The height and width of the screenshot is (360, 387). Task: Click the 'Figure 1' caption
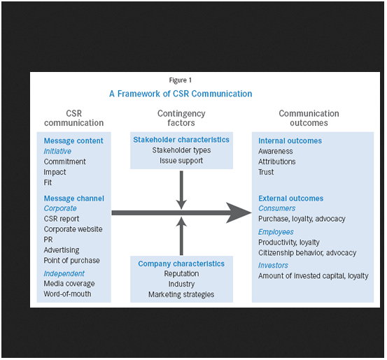(x=180, y=80)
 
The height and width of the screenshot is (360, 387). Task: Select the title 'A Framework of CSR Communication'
(x=181, y=94)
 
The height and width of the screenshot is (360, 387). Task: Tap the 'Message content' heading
(x=73, y=141)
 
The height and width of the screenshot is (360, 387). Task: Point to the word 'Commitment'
(x=64, y=161)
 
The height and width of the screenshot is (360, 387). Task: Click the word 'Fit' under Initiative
(x=48, y=182)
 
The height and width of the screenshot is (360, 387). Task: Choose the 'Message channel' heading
(x=74, y=199)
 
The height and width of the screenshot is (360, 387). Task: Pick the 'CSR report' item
(x=62, y=219)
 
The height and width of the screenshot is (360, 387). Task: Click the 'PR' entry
(x=48, y=240)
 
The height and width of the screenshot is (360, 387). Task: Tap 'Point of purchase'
(x=72, y=260)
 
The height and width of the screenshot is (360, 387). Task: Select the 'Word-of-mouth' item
(x=67, y=294)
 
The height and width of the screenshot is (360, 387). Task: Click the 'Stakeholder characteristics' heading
(x=181, y=140)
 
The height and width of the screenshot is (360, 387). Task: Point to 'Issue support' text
(x=181, y=161)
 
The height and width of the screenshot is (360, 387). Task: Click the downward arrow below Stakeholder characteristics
(x=181, y=190)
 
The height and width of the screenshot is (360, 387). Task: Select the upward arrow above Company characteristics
(x=181, y=236)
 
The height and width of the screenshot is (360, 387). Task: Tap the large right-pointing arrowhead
(x=239, y=213)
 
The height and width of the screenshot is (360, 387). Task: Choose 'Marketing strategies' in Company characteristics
(x=181, y=294)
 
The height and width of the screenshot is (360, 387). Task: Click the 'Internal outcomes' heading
(x=290, y=141)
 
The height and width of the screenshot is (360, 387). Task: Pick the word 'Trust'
(x=266, y=172)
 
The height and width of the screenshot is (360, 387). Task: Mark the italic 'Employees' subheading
(x=276, y=232)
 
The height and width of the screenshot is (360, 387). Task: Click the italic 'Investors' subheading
(x=273, y=266)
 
